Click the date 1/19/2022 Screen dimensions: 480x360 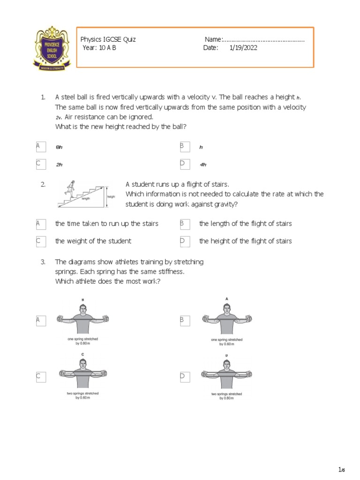click(243, 48)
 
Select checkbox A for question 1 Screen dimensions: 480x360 click(41, 147)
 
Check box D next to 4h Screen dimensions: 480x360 click(185, 164)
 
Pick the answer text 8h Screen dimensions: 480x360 click(59, 147)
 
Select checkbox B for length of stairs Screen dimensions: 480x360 click(185, 224)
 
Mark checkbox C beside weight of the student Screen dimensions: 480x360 click(41, 241)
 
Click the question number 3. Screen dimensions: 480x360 click(43, 262)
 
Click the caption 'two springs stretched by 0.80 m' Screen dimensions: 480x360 click(227, 396)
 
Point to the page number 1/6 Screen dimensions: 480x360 click(341, 470)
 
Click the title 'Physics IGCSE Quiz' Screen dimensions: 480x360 click(108, 39)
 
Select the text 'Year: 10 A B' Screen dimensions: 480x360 click(99, 48)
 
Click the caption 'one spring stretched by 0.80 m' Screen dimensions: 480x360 click(82, 341)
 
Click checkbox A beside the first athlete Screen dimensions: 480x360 click(41, 320)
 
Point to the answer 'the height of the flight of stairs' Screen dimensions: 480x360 click(245, 241)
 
